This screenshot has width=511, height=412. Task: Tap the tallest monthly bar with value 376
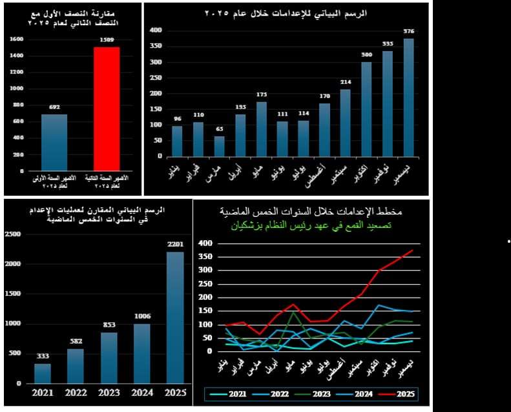(x=408, y=97)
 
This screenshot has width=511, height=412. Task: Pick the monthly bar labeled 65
(x=220, y=146)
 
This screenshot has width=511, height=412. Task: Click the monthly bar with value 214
(x=346, y=123)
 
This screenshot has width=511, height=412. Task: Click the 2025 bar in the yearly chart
(x=174, y=316)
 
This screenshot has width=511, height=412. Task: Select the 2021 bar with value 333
(x=43, y=373)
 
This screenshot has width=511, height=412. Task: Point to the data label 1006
(x=142, y=316)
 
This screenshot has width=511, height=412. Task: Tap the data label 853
(x=109, y=325)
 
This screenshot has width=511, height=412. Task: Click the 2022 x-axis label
(x=76, y=392)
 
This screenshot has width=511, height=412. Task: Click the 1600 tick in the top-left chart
(x=17, y=39)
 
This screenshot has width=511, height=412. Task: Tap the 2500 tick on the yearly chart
(x=12, y=234)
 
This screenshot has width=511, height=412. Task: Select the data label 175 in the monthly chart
(x=261, y=95)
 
